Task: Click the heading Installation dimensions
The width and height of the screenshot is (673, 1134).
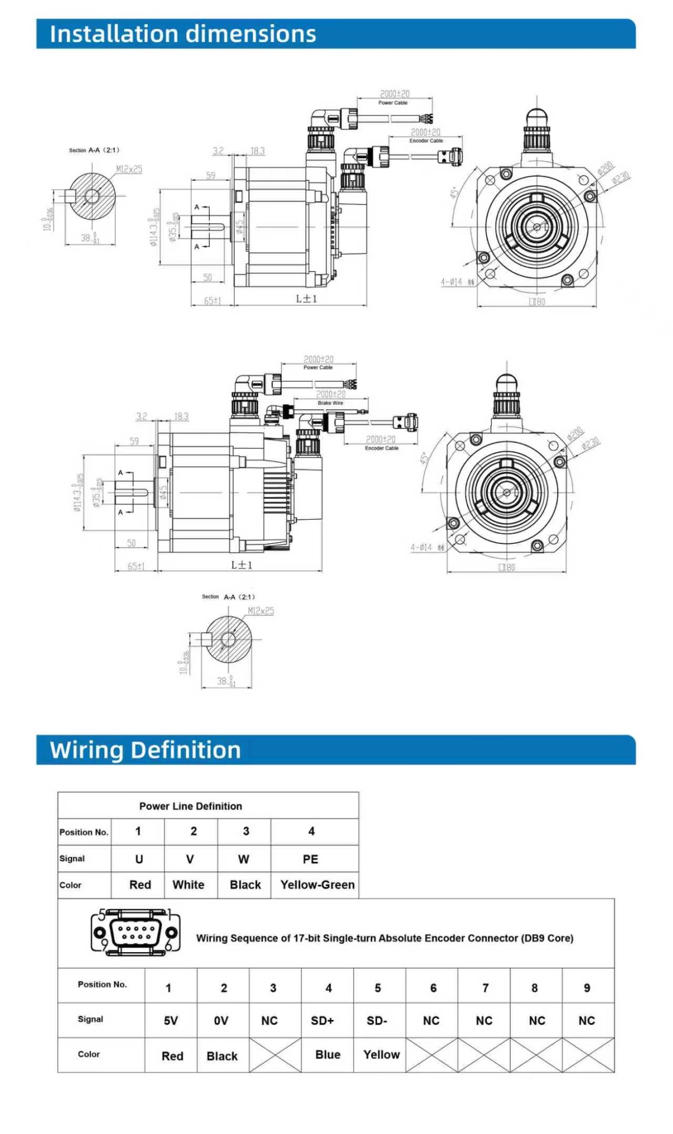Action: click(183, 34)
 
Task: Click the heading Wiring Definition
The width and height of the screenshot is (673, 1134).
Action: click(145, 750)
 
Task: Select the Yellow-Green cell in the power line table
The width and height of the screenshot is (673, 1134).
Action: click(317, 885)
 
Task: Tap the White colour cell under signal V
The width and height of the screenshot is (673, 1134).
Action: click(188, 885)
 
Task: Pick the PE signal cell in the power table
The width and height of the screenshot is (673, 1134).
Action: click(310, 859)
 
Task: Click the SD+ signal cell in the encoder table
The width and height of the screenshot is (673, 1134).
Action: click(323, 1021)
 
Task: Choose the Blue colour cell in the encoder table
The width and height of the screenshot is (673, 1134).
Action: click(328, 1055)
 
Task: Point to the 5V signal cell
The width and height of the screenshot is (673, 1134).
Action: click(171, 1021)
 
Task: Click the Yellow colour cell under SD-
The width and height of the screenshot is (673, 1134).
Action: click(381, 1055)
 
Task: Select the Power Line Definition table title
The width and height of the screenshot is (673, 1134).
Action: click(190, 806)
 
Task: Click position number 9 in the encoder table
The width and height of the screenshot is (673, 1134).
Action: click(587, 988)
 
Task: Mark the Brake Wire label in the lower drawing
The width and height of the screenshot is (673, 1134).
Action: click(330, 403)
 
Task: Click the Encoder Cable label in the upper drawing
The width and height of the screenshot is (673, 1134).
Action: click(426, 141)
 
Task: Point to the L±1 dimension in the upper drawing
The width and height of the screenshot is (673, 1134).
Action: click(307, 299)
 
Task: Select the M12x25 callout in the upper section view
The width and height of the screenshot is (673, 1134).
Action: click(129, 170)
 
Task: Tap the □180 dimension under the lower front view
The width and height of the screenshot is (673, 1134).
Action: click(506, 567)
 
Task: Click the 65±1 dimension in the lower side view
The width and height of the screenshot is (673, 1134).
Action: click(136, 566)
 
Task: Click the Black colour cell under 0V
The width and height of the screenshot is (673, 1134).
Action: click(222, 1056)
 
